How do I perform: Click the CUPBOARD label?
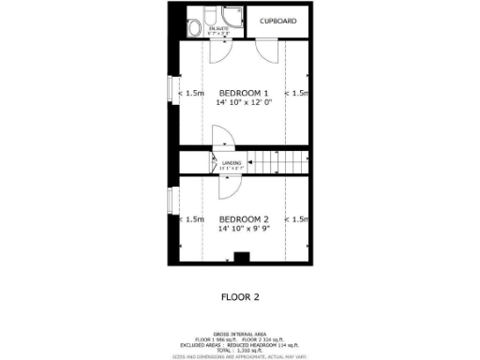pyautogui.click(x=278, y=21)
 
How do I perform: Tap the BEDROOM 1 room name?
pyautogui.click(x=244, y=93)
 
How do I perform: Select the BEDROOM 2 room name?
pyautogui.click(x=244, y=218)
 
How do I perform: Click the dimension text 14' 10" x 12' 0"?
pyautogui.click(x=244, y=102)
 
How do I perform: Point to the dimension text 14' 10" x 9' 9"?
pyautogui.click(x=244, y=228)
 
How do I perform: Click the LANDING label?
pyautogui.click(x=232, y=163)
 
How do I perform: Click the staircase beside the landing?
pyautogui.click(x=277, y=161)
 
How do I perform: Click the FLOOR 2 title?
pyautogui.click(x=239, y=297)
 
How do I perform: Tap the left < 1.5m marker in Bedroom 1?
pyautogui.click(x=192, y=93)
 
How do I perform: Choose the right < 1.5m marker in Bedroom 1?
pyautogui.click(x=297, y=93)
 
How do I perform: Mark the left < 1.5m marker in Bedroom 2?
pyautogui.click(x=192, y=219)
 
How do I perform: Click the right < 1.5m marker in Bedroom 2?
pyautogui.click(x=297, y=219)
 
